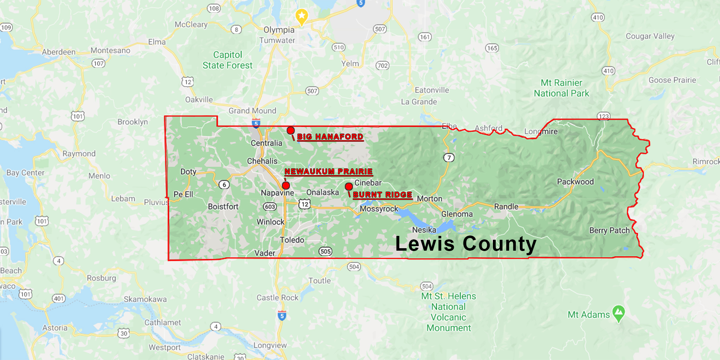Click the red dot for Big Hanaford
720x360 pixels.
pyautogui.click(x=290, y=130)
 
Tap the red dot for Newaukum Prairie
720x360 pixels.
pyautogui.click(x=286, y=185)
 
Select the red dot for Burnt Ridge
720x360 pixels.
pyautogui.click(x=349, y=186)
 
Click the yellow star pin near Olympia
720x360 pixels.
pyautogui.click(x=302, y=16)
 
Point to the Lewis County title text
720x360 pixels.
pyautogui.click(x=466, y=244)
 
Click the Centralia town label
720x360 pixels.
pyautogui.click(x=266, y=143)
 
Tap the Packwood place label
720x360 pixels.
pyautogui.click(x=575, y=182)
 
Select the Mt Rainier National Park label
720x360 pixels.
pyautogui.click(x=561, y=88)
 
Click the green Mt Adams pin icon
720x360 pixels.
pyautogui.click(x=618, y=313)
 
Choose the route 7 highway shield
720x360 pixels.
pyautogui.click(x=449, y=157)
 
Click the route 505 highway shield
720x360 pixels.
pyautogui.click(x=326, y=251)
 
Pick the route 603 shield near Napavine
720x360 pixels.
pyautogui.click(x=270, y=207)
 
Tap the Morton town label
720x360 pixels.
pyautogui.click(x=430, y=199)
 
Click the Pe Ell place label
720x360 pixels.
pyautogui.click(x=183, y=194)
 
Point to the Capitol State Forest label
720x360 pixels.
pyautogui.click(x=227, y=60)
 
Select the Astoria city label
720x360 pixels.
pyautogui.click(x=55, y=328)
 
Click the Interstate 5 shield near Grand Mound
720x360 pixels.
pyautogui.click(x=256, y=123)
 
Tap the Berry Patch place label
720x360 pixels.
pyautogui.click(x=609, y=231)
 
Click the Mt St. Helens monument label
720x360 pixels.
pyautogui.click(x=449, y=312)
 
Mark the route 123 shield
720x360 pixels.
pyautogui.click(x=604, y=116)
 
